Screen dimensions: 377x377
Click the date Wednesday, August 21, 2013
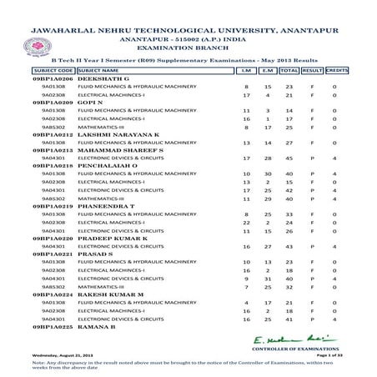(x=58, y=356)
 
